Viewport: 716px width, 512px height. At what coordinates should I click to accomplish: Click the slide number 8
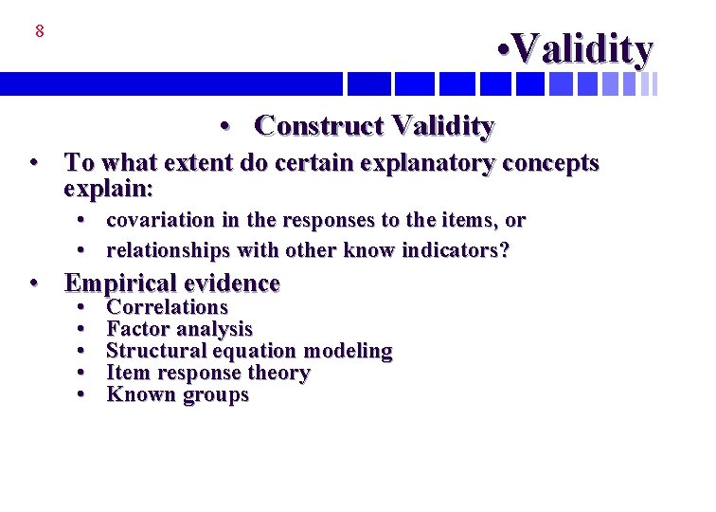[x=39, y=31]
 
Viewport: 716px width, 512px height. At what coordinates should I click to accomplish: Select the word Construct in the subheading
[x=317, y=125]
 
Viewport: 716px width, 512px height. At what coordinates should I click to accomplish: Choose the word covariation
[x=160, y=221]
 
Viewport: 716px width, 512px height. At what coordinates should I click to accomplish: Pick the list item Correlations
[x=168, y=307]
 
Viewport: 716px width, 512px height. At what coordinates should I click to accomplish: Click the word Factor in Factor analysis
[x=135, y=329]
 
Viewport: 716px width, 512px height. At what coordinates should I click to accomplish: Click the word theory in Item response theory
[x=279, y=373]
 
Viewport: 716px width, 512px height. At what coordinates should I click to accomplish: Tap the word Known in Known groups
[x=136, y=394]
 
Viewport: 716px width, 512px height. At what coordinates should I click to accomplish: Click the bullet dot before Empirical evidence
[x=34, y=283]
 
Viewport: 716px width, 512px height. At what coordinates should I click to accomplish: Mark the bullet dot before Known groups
[x=82, y=394]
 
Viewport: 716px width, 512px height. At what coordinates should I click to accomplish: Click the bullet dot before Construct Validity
[x=224, y=126]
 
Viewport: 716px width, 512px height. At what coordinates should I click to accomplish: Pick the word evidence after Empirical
[x=233, y=283]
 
